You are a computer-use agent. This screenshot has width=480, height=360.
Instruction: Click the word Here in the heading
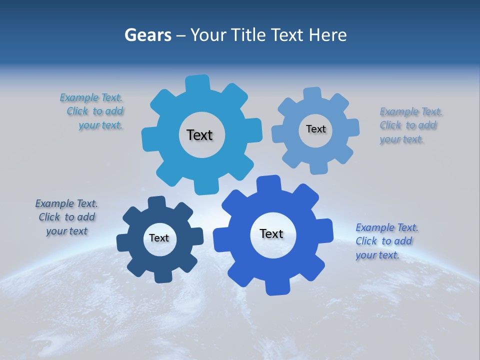[327, 35]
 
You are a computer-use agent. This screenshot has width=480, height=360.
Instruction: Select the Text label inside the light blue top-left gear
[199, 135]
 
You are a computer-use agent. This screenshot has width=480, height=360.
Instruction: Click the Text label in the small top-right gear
[315, 129]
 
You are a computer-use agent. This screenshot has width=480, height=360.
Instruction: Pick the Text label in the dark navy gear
[159, 238]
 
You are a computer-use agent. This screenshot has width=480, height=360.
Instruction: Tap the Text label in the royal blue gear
[271, 233]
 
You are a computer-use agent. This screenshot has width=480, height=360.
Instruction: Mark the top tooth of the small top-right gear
[312, 94]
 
